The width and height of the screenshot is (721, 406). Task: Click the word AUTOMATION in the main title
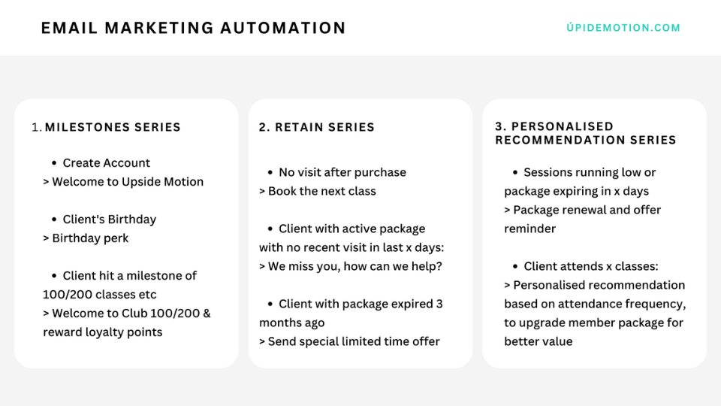tap(283, 28)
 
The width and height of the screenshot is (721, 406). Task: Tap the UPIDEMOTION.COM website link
tap(623, 28)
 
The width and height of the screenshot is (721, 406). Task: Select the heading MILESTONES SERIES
tap(113, 127)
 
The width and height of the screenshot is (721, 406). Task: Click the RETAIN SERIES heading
tap(316, 127)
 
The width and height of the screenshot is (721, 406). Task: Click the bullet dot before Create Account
tap(54, 163)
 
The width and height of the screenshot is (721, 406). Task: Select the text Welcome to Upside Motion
tap(128, 182)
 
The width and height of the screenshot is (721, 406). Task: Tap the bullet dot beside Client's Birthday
tap(54, 220)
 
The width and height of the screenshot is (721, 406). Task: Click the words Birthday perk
tap(90, 238)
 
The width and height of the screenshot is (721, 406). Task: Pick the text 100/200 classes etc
tap(99, 295)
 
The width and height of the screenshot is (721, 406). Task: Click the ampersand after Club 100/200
tap(207, 314)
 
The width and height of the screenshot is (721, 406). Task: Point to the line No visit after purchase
tap(342, 173)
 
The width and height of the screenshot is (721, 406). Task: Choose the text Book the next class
tap(322, 191)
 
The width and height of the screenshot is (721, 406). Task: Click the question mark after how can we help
tap(439, 266)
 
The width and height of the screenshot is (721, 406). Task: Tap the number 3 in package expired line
tap(439, 304)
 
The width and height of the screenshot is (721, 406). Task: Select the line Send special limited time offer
tap(354, 341)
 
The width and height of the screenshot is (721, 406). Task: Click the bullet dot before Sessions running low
tap(515, 173)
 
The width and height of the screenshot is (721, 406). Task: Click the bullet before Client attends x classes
tap(515, 266)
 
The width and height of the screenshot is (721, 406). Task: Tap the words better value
tap(538, 341)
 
